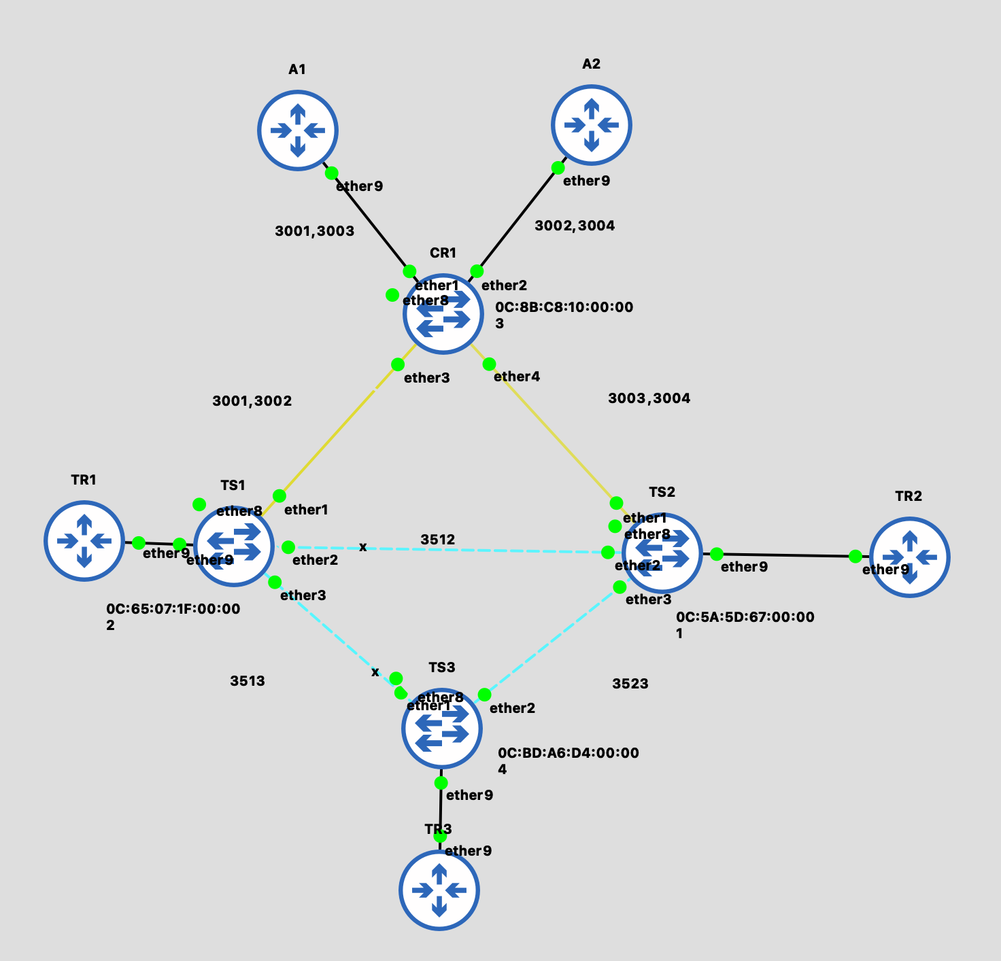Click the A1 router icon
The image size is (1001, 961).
click(298, 130)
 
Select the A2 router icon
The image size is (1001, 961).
click(592, 125)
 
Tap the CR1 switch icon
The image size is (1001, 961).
click(443, 314)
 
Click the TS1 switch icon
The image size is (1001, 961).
click(234, 545)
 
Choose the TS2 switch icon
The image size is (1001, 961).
click(662, 552)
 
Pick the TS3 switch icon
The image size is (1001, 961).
click(442, 728)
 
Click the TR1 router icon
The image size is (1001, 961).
click(84, 541)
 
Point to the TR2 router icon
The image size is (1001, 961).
click(910, 557)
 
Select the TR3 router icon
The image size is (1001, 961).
click(439, 890)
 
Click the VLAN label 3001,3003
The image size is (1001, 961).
click(314, 231)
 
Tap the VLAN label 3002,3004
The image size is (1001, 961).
click(575, 226)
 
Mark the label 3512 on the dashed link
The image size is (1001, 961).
click(437, 540)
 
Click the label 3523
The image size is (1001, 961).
click(630, 684)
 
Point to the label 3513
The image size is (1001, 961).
click(248, 681)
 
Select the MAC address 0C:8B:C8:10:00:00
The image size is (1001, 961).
click(564, 307)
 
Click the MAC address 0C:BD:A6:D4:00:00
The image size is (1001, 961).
click(568, 753)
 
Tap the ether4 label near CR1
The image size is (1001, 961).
click(516, 377)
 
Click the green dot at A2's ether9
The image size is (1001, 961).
click(558, 168)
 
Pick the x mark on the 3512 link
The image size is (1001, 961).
click(362, 547)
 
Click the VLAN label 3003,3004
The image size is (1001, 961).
click(649, 398)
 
